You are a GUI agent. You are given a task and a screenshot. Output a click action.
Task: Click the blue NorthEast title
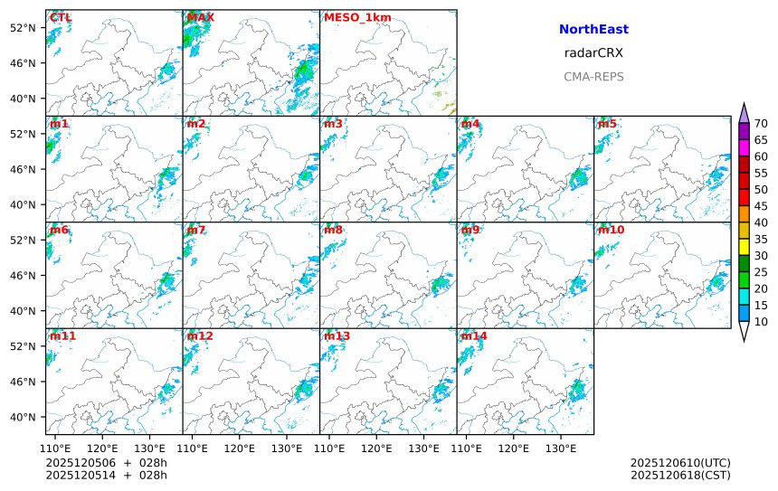coord(593,30)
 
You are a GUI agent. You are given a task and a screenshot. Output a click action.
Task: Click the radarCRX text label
coord(593,53)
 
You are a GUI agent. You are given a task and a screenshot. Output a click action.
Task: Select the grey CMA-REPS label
coord(593,77)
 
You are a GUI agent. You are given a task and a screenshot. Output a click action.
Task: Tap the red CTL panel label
coord(61,17)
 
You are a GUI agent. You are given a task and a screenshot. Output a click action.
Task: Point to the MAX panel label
coord(200,17)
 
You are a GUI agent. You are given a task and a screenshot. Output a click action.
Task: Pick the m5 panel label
coord(607,124)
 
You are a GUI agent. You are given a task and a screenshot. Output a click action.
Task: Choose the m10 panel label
coord(611,230)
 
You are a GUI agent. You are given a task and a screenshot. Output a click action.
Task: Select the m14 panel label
coord(473,336)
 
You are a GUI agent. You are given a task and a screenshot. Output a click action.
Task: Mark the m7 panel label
coord(196,230)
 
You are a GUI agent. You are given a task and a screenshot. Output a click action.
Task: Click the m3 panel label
coord(334,124)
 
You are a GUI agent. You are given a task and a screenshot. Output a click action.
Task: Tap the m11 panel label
coord(62,336)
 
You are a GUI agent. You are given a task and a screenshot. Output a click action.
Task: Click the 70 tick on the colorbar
coord(761,124)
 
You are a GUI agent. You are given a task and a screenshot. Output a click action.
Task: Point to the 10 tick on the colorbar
coord(761,322)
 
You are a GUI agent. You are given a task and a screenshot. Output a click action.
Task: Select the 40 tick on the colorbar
coord(761,222)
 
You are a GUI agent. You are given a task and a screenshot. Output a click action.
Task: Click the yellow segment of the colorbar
coord(744,247)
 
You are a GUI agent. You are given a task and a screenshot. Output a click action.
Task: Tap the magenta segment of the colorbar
coord(744,147)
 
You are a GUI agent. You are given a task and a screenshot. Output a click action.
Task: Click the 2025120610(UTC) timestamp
coord(679,463)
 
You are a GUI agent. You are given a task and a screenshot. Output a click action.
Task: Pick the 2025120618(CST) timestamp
coord(679,475)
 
